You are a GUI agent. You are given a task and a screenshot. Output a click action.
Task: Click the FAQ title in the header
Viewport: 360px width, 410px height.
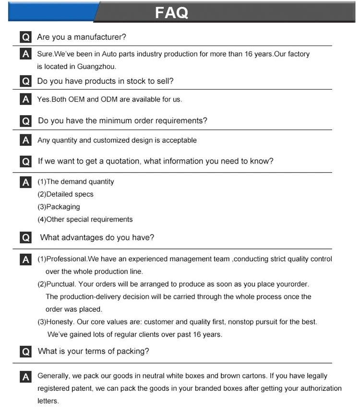coord(171,12)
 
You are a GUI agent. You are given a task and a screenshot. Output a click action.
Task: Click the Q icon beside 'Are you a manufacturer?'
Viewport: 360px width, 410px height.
coord(26,37)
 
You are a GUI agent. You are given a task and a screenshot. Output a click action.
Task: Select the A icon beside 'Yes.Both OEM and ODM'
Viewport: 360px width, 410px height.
coord(26,99)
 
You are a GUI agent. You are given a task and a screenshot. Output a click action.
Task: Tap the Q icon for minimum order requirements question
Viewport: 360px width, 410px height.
coord(26,120)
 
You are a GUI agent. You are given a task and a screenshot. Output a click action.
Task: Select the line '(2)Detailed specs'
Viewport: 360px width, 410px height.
coord(65,194)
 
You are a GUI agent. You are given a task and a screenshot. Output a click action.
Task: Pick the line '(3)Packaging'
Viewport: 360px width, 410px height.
coord(59,207)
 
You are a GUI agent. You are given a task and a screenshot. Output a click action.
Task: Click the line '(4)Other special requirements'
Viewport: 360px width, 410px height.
coord(85,219)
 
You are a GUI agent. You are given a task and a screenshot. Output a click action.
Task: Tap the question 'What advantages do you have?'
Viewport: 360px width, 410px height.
coord(97,237)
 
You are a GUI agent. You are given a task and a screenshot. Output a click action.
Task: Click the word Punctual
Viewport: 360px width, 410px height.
coord(61,284)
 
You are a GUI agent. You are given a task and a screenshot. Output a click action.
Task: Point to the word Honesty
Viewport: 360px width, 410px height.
coord(60,321)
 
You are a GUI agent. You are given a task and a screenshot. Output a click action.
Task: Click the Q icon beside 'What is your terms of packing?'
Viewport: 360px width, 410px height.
coord(26,351)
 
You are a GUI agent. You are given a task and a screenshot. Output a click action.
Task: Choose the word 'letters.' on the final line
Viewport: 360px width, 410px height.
coord(48,400)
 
